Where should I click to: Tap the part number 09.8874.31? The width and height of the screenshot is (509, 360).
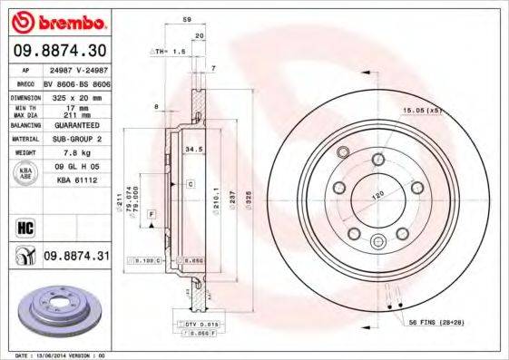(76, 258)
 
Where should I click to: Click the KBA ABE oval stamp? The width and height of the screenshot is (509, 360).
(26, 172)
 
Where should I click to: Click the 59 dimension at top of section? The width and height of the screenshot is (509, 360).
(187, 19)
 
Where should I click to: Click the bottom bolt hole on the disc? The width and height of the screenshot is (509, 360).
(378, 240)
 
